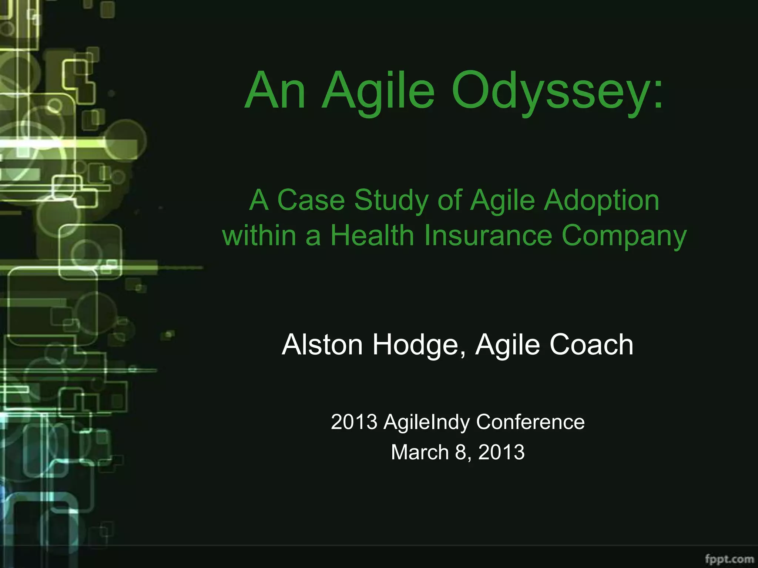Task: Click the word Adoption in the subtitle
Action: (x=601, y=200)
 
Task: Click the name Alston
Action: (x=322, y=345)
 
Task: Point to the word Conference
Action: (x=530, y=422)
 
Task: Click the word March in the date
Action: (x=420, y=452)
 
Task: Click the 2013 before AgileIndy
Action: (x=354, y=422)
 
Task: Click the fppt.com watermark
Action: (x=729, y=558)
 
